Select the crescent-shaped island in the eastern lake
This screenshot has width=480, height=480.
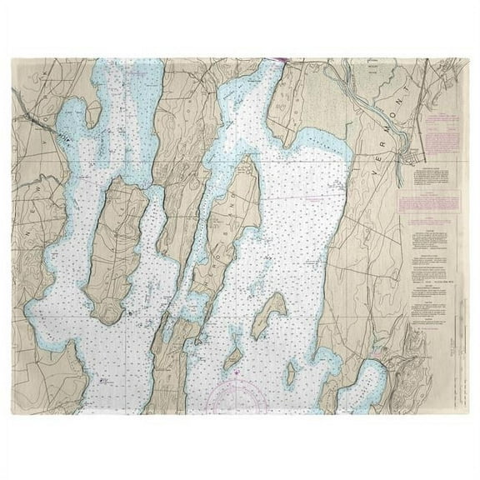268,317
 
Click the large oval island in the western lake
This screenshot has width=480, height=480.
117,250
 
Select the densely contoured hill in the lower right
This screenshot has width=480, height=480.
425,367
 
